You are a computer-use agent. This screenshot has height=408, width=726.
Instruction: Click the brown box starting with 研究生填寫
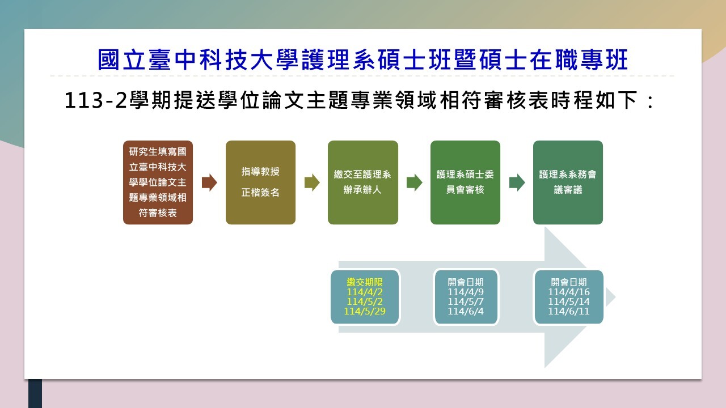(158, 182)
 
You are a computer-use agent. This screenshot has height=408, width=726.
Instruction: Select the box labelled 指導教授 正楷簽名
(260, 182)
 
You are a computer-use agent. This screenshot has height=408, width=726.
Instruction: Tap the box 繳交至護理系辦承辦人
(363, 182)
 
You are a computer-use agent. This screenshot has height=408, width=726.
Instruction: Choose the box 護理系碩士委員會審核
(466, 182)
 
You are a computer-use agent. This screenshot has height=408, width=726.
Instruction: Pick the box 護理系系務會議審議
(568, 182)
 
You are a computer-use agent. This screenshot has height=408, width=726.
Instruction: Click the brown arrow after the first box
(209, 182)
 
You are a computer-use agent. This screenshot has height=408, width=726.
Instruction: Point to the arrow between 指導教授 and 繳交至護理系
(312, 182)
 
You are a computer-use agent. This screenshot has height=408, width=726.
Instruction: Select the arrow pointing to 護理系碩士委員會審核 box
(415, 182)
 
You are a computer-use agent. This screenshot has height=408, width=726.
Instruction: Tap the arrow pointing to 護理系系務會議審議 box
(517, 182)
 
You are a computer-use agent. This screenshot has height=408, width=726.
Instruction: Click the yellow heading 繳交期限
(365, 282)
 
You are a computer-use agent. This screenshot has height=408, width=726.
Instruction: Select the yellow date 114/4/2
(365, 292)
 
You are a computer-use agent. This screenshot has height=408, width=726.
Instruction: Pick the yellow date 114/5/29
(365, 311)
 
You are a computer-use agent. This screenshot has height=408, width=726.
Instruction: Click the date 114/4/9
(466, 292)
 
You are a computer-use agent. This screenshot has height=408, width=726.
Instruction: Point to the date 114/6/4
(466, 311)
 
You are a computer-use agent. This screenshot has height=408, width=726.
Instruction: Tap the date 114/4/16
(569, 292)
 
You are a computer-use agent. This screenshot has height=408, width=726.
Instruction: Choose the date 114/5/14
(569, 301)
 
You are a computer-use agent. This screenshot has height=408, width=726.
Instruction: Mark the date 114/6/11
(569, 311)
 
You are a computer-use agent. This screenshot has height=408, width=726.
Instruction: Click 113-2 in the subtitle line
(96, 100)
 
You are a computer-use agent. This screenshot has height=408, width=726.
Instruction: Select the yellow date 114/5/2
(365, 301)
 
